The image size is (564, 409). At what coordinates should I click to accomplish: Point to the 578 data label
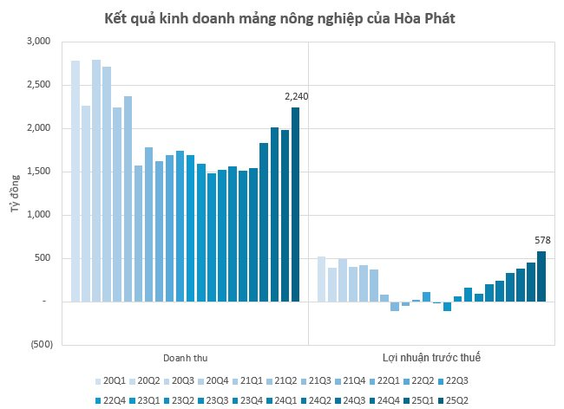[x=541, y=239]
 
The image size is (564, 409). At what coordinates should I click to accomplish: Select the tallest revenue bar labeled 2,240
[x=296, y=204]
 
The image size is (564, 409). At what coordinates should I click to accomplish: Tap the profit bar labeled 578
[x=541, y=276]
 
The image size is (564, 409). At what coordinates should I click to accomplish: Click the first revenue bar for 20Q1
[x=75, y=181]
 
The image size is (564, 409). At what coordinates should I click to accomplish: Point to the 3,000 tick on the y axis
[x=40, y=42]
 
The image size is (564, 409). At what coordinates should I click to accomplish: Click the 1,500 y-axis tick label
[x=40, y=172]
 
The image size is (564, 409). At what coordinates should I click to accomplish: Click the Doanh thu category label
[x=185, y=357]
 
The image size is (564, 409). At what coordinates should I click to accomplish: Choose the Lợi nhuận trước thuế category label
[x=431, y=357]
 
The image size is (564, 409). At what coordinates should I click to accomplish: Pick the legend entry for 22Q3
[x=451, y=380]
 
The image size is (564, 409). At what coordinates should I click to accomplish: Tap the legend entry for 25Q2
[x=451, y=399]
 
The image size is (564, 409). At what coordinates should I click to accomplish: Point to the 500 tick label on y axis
[x=44, y=258]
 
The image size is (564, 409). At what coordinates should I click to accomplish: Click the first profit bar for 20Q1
[x=321, y=279]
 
